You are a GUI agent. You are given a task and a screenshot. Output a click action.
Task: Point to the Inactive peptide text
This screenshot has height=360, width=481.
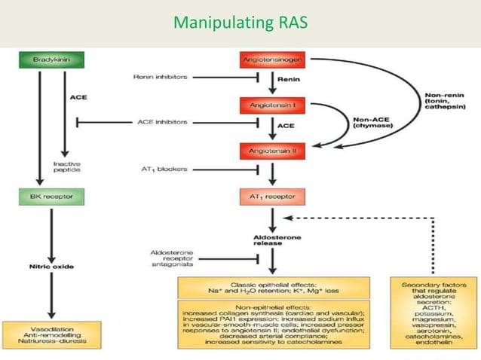point(66,168)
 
